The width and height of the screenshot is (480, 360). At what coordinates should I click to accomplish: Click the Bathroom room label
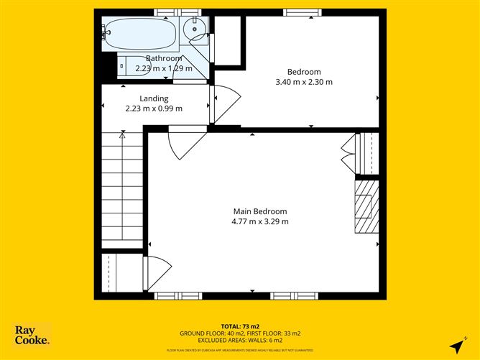(x=164, y=58)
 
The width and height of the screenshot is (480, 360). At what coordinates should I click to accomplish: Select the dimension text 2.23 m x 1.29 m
(x=164, y=68)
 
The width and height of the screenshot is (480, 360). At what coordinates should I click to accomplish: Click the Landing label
(x=154, y=98)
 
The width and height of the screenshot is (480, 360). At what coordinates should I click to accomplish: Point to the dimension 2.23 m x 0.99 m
(x=154, y=109)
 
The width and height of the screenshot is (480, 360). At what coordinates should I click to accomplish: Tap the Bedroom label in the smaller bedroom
(x=304, y=71)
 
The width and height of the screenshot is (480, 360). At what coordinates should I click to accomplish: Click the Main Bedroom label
(x=259, y=211)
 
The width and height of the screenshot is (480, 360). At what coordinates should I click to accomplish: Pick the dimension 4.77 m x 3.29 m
(x=259, y=221)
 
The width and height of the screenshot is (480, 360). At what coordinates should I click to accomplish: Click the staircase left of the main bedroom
(x=122, y=190)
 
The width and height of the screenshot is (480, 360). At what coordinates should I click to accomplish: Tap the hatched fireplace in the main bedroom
(x=366, y=206)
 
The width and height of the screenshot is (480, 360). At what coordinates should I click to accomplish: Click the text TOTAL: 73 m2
(x=240, y=327)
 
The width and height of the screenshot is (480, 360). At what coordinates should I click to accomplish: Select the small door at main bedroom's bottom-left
(x=157, y=274)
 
